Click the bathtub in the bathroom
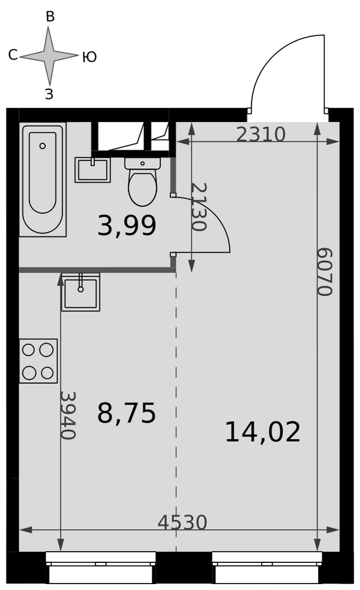pyautogui.click(x=42, y=179)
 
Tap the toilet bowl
pyautogui.click(x=142, y=182)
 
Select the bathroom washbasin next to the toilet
pyautogui.click(x=93, y=170)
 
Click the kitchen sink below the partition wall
pyautogui.click(x=81, y=293)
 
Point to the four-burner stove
pyautogui.click(x=38, y=361)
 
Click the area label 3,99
pyautogui.click(x=126, y=226)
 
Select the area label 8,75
pyautogui.click(x=126, y=413)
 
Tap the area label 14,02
pyautogui.click(x=263, y=432)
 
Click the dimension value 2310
pyautogui.click(x=261, y=134)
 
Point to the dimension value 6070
pyautogui.click(x=325, y=271)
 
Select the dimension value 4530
pyautogui.click(x=182, y=522)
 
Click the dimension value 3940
pyautogui.click(x=68, y=415)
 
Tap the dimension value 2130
pyautogui.click(x=199, y=207)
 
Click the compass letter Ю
pyautogui.click(x=90, y=57)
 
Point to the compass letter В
pyautogui.click(x=50, y=17)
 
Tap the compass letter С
pyautogui.click(x=13, y=55)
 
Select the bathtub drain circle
pyautogui.click(x=42, y=146)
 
